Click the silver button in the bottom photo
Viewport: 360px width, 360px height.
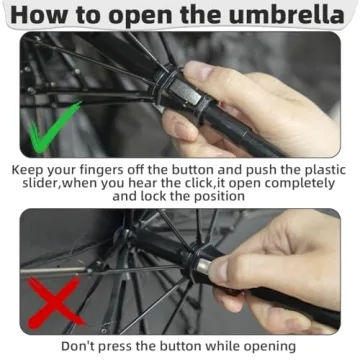(x=204, y=266)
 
